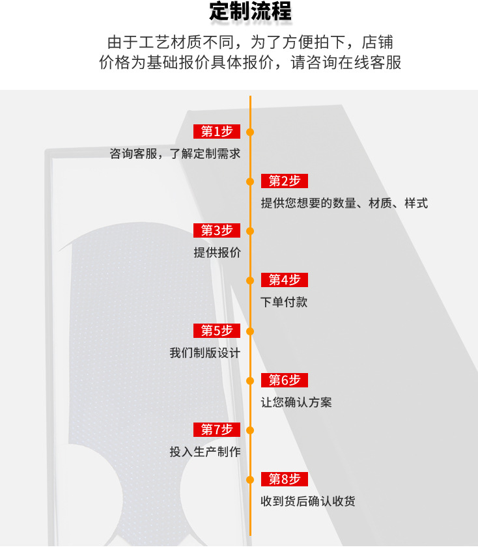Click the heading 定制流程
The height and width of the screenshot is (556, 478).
(x=250, y=12)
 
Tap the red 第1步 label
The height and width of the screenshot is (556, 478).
(x=217, y=132)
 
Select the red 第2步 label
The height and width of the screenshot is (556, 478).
(x=285, y=181)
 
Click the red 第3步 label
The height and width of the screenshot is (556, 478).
(x=217, y=230)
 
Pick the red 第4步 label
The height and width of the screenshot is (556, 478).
(x=285, y=280)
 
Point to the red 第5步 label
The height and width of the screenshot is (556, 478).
(x=217, y=331)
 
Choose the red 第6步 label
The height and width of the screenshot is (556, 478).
(x=285, y=380)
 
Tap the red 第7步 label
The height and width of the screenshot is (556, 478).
(x=217, y=430)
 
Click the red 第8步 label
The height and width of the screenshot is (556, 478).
(x=285, y=479)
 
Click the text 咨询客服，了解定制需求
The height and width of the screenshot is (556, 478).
(x=175, y=154)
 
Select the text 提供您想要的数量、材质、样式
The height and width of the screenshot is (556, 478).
(x=344, y=203)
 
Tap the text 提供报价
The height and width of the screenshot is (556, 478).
(x=217, y=253)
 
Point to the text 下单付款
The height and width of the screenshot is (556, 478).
(x=284, y=302)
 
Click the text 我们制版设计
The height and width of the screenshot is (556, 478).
(x=205, y=353)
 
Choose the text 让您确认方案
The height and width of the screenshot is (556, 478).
(x=296, y=402)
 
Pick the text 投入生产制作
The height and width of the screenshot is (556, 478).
(x=205, y=452)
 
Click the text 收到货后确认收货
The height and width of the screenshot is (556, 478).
(x=308, y=501)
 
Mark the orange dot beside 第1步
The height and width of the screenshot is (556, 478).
(x=250, y=132)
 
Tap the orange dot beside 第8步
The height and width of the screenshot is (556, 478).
(x=250, y=480)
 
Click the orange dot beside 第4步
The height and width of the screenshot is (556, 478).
(x=250, y=281)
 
